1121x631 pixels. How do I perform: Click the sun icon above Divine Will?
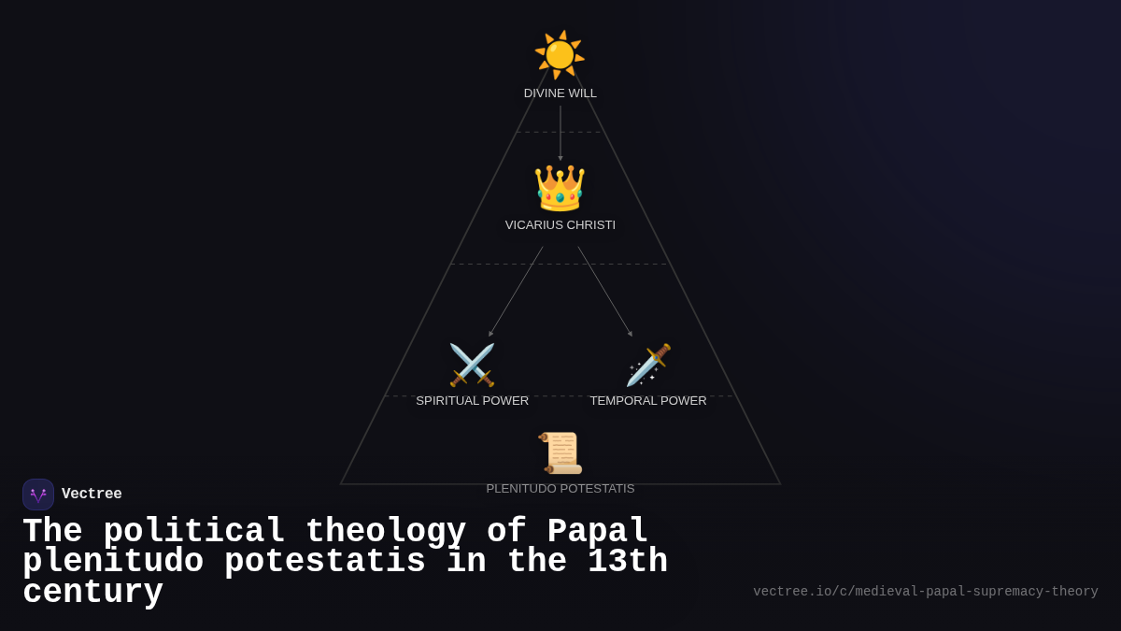tap(560, 54)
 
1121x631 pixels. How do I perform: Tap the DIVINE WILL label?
tap(560, 93)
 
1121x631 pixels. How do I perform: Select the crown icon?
tap(560, 188)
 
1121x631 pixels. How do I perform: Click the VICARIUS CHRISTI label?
tap(560, 225)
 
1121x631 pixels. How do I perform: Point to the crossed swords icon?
tap(472, 365)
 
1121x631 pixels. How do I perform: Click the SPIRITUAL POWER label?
tap(472, 401)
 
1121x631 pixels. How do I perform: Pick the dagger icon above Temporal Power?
tap(648, 365)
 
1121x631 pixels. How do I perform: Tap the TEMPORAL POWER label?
tap(648, 401)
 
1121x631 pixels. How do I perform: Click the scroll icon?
tap(560, 453)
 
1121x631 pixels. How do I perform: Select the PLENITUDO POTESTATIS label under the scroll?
tap(560, 489)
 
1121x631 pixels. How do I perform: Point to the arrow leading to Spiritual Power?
tap(516, 291)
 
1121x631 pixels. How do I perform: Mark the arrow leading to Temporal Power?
tap(605, 291)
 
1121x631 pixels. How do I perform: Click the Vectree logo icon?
tap(38, 495)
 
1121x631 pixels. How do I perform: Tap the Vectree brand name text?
tap(92, 495)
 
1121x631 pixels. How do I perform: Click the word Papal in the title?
tap(598, 532)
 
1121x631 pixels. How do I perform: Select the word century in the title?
tap(92, 593)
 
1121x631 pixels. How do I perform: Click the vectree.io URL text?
tap(925, 592)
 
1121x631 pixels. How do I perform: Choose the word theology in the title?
tap(386, 532)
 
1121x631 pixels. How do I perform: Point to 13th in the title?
tap(628, 562)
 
